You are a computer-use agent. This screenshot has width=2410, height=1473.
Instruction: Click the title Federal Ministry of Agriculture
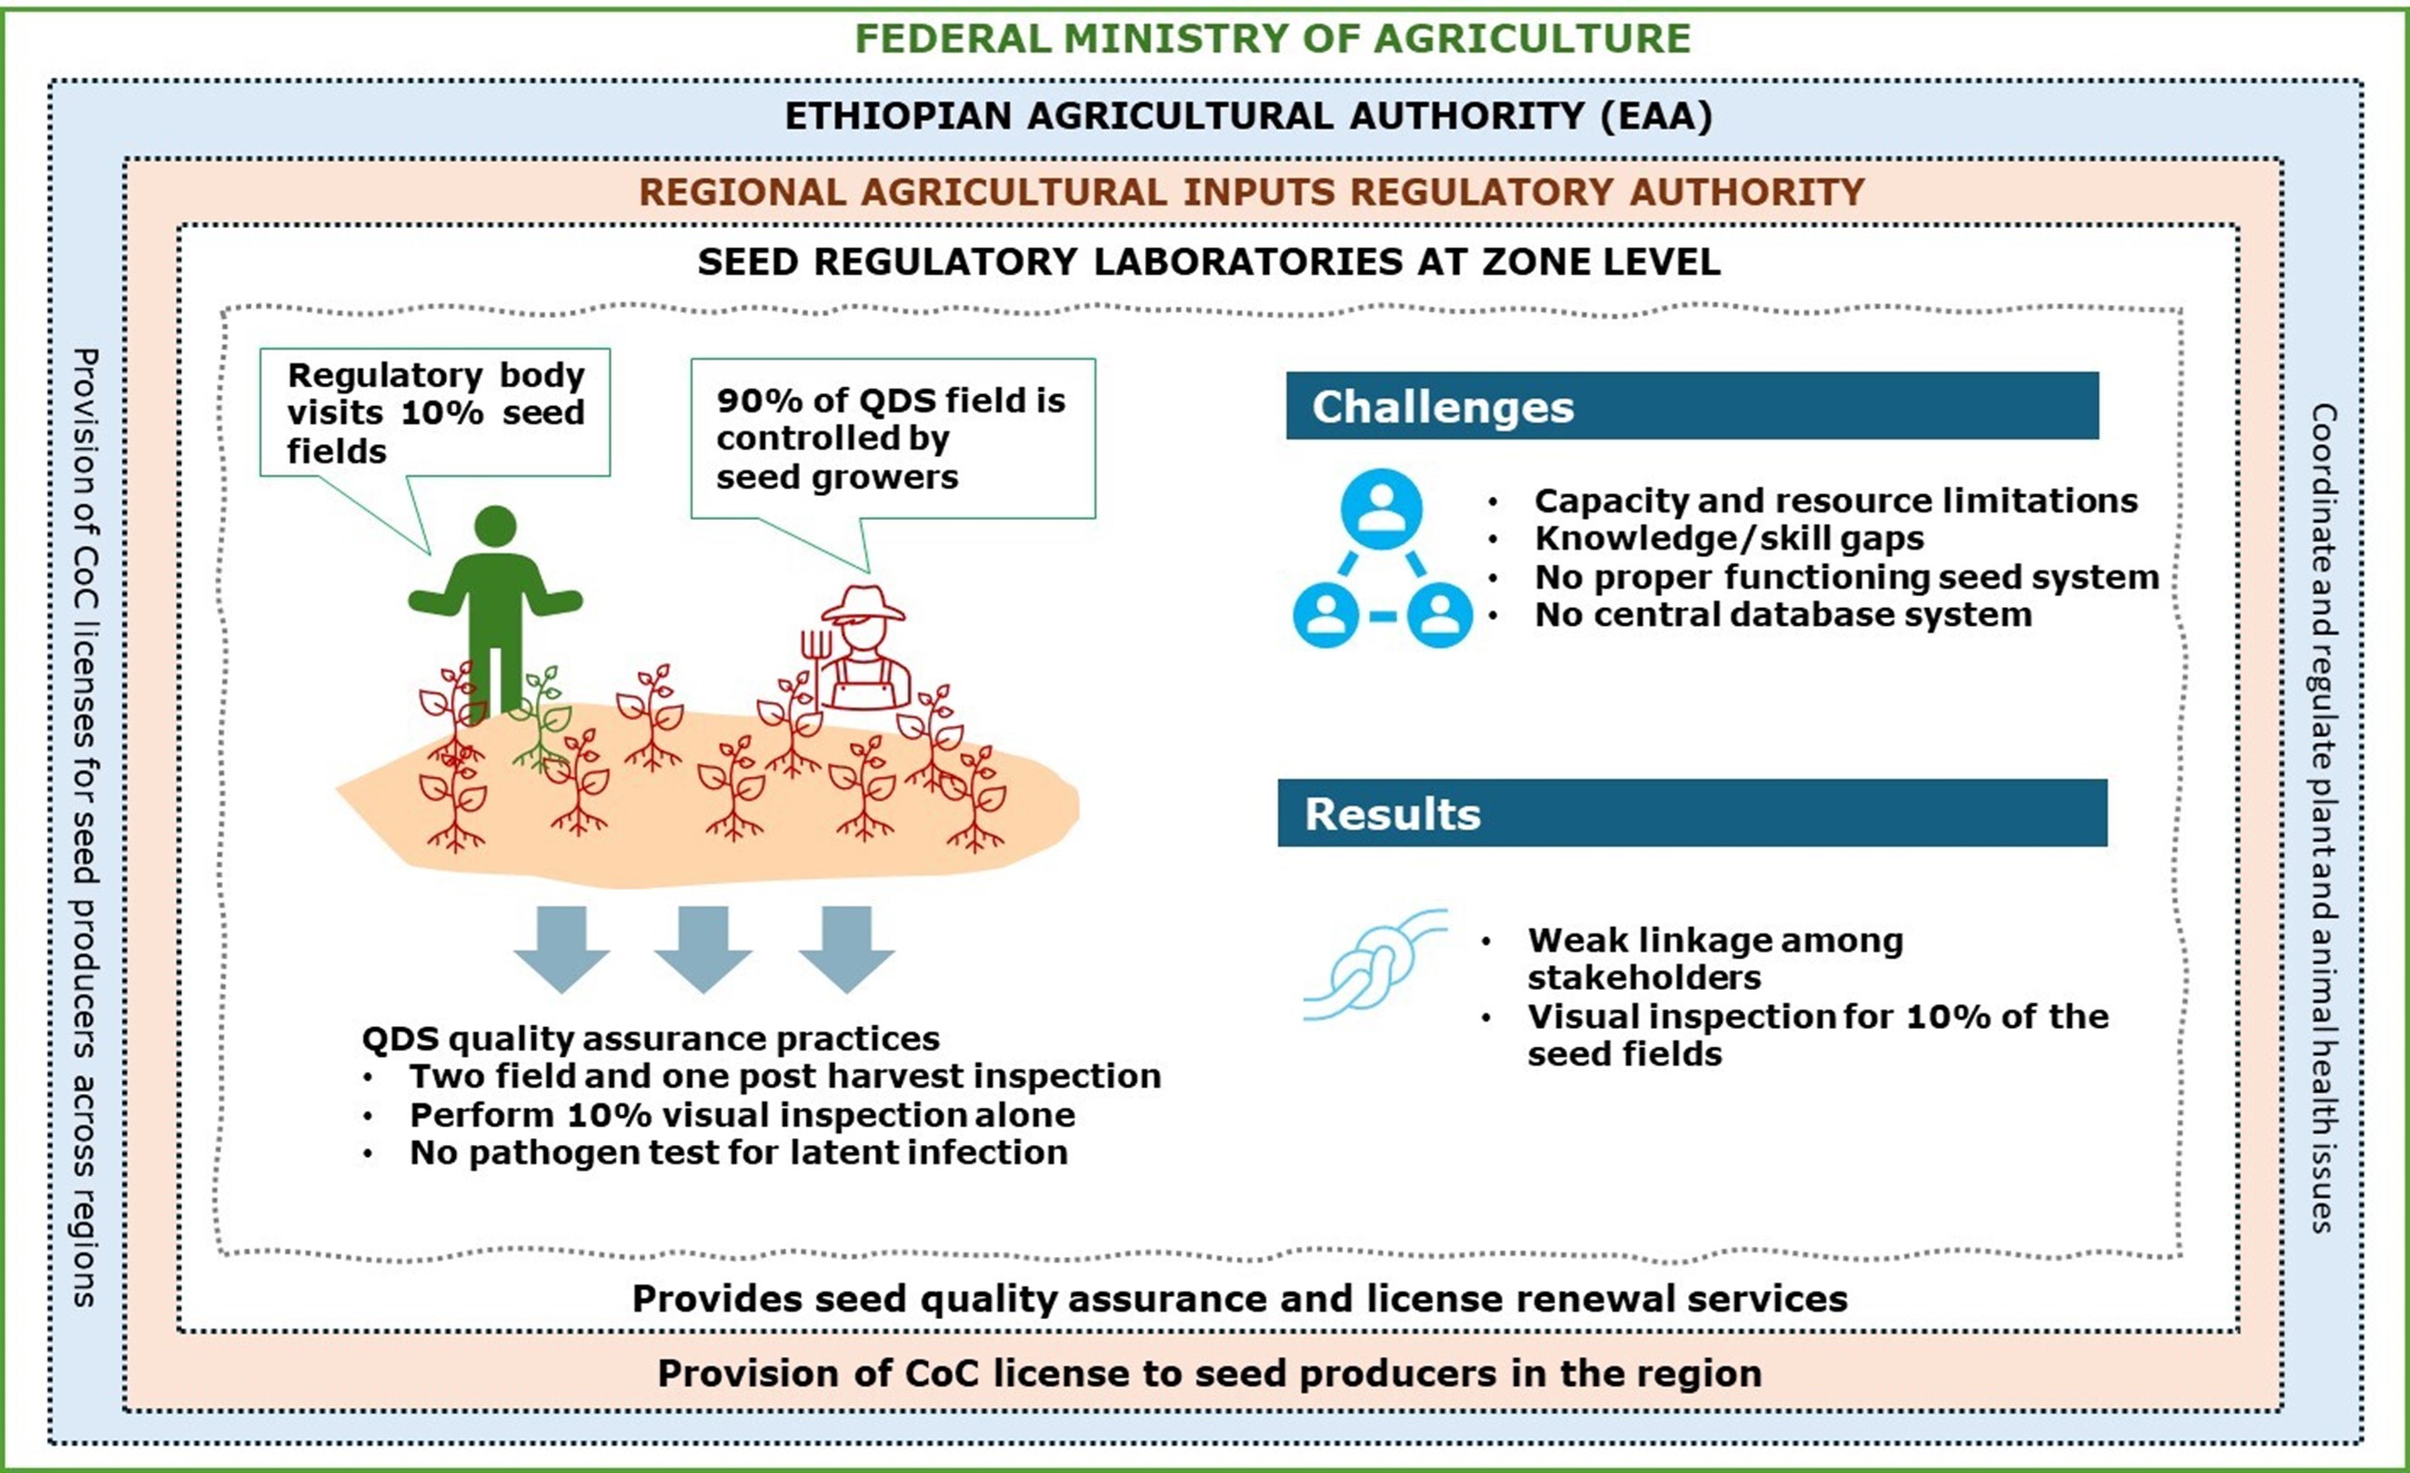pos(1273,39)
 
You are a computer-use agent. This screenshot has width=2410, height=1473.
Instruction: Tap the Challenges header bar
pos(1691,406)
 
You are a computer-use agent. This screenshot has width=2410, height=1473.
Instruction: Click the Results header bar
pos(1691,813)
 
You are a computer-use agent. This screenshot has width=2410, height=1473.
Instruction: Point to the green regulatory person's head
pos(495,527)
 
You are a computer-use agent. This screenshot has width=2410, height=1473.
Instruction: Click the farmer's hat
pos(863,603)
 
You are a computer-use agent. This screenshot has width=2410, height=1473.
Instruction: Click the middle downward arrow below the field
pos(704,946)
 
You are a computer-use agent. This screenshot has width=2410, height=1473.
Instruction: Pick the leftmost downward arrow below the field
pos(562,946)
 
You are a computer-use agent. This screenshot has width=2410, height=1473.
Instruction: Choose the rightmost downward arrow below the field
pos(846,946)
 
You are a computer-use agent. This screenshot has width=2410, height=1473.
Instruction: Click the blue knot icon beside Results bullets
pos(1375,966)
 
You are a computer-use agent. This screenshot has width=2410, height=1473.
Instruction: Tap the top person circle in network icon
pos(1381,509)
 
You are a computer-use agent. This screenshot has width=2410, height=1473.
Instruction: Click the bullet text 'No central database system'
pos(1782,616)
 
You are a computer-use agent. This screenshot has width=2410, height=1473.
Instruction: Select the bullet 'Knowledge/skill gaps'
pos(1729,539)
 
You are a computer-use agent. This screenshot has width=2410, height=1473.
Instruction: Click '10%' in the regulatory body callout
pos(441,413)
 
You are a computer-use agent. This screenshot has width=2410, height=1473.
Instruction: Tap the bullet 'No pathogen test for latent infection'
pos(739,1152)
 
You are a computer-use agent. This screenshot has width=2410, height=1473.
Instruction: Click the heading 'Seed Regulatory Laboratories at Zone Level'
pos(1208,262)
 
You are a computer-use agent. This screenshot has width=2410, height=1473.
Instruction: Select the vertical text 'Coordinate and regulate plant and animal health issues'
pos(2324,818)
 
